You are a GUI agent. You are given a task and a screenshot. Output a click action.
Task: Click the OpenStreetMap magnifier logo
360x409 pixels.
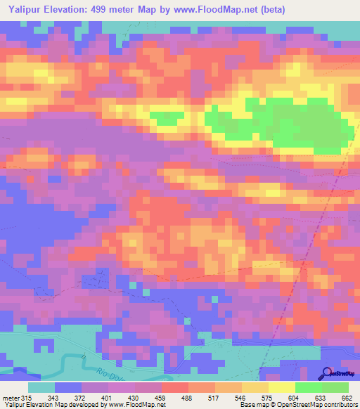(326, 373)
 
